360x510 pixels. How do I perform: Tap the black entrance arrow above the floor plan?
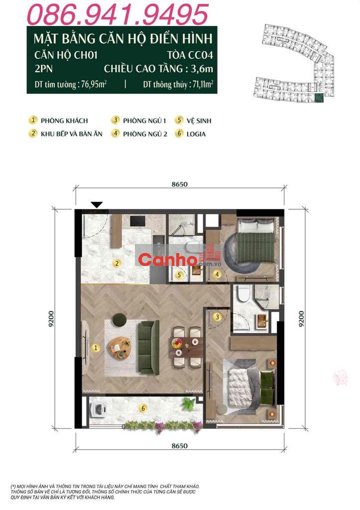97,205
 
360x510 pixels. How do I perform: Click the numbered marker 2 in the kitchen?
117,263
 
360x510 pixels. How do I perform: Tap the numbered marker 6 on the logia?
143,408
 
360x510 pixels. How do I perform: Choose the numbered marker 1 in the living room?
96,348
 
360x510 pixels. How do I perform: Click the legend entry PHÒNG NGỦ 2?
145,133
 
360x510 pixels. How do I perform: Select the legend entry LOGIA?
196,134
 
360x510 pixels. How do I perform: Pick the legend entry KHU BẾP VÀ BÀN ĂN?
72,133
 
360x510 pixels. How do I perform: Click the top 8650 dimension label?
180,184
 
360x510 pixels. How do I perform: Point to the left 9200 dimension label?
51,319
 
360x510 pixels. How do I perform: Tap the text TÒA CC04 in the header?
190,55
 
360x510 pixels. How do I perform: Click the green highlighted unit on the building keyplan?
319,98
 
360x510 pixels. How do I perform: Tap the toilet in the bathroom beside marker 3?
243,293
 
